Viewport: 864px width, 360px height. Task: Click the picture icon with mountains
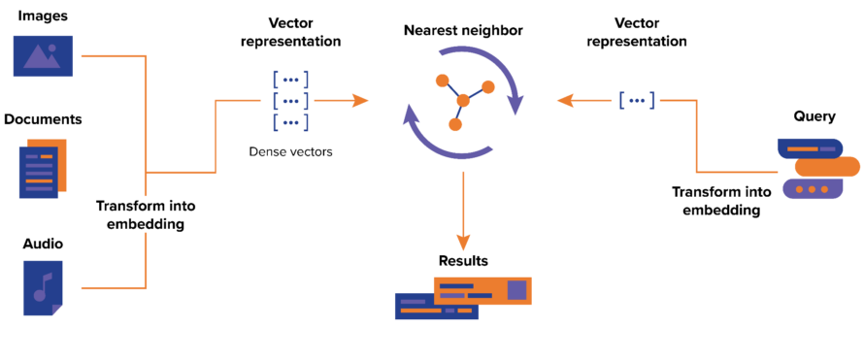pyautogui.click(x=43, y=55)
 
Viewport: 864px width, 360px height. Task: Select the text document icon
pyautogui.click(x=41, y=169)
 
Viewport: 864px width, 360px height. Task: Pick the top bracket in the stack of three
pyautogui.click(x=290, y=80)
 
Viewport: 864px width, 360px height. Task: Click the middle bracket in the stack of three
pyautogui.click(x=290, y=101)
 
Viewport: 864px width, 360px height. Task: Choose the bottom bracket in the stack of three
pyautogui.click(x=290, y=122)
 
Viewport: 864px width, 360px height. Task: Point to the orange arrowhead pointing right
pyautogui.click(x=360, y=100)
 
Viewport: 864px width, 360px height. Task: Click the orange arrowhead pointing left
pyautogui.click(x=565, y=100)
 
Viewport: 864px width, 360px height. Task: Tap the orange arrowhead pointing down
pyautogui.click(x=463, y=242)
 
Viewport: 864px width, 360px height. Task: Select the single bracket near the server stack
pyautogui.click(x=637, y=100)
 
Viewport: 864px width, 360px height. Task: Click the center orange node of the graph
pyautogui.click(x=463, y=100)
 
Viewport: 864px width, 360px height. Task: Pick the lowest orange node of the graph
pyautogui.click(x=455, y=124)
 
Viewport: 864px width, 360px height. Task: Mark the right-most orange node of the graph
pyautogui.click(x=487, y=86)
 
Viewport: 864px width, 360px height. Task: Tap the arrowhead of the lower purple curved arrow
pyautogui.click(x=412, y=116)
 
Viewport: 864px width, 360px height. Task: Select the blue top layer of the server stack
pyautogui.click(x=809, y=148)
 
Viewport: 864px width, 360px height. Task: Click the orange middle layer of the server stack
pyautogui.click(x=826, y=167)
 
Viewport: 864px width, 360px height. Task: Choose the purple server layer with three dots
pyautogui.click(x=813, y=189)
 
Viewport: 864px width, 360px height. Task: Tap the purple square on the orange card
pyautogui.click(x=516, y=289)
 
